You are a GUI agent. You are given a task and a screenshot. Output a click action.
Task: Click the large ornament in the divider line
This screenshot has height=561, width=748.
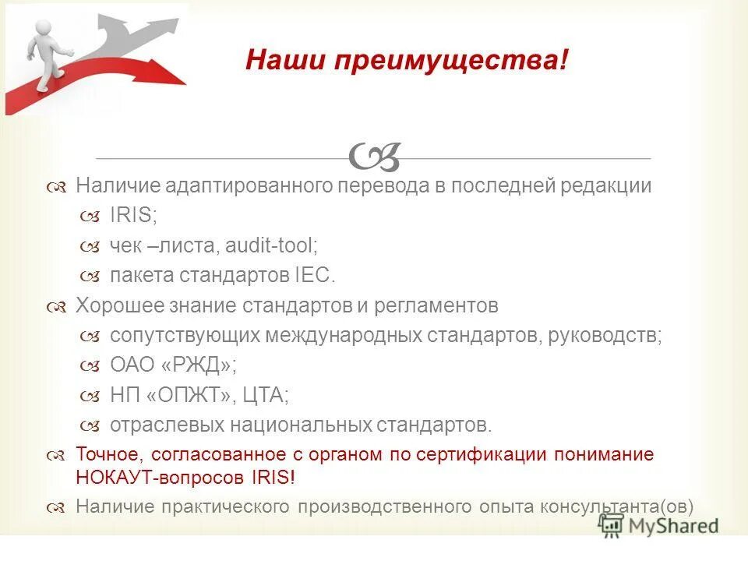[x=375, y=157]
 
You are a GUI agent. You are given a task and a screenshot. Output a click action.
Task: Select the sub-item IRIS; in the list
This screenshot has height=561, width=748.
[x=133, y=216]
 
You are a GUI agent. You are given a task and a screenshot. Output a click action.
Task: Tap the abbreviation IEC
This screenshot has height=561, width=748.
[x=315, y=275]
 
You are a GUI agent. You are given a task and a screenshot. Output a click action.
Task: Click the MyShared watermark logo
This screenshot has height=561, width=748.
[x=658, y=525]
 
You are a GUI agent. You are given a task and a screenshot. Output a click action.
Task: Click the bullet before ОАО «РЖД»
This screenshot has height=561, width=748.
[x=90, y=365]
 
